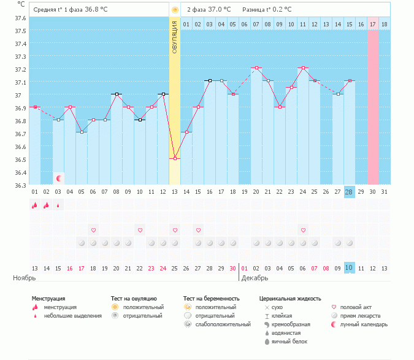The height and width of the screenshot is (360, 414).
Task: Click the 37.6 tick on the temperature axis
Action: pos(20,18)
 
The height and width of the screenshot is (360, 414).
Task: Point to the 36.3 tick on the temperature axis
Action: pos(20,185)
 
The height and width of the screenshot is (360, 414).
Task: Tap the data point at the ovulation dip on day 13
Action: pos(175,159)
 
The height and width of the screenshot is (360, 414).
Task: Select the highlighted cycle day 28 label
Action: pos(349,192)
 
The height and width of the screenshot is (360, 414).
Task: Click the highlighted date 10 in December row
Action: pos(349,268)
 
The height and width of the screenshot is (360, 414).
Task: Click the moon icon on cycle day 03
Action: pos(59,178)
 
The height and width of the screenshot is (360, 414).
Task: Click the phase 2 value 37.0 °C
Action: pos(218,10)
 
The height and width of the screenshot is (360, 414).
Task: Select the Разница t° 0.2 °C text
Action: pos(267,10)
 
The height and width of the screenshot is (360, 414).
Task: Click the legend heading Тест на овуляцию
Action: pos(134,299)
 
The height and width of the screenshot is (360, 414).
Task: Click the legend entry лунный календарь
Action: pos(364,324)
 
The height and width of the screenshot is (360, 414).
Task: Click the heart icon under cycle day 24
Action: pos(302,230)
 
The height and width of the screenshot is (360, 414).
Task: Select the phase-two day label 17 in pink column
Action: pos(372,24)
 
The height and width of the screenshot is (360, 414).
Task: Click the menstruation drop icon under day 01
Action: pos(35,205)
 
